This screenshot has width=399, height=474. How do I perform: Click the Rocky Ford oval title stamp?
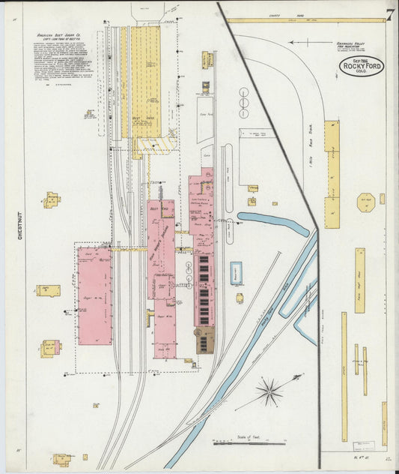pyautogui.click(x=362, y=67)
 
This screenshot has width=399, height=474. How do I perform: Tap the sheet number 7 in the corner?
pyautogui.click(x=389, y=14)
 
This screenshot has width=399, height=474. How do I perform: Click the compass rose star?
pyautogui.click(x=269, y=391)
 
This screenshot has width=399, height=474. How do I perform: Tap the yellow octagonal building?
pyautogui.click(x=365, y=202)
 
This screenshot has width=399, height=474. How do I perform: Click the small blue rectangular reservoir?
pyautogui.click(x=237, y=273)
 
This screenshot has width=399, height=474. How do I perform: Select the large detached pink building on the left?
pyautogui.click(x=94, y=296)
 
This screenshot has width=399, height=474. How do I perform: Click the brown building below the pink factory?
pyautogui.click(x=204, y=340)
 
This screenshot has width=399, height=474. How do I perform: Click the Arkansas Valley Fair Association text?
pyautogui.click(x=348, y=46)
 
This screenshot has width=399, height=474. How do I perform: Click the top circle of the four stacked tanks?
pyautogui.click(x=244, y=92)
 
